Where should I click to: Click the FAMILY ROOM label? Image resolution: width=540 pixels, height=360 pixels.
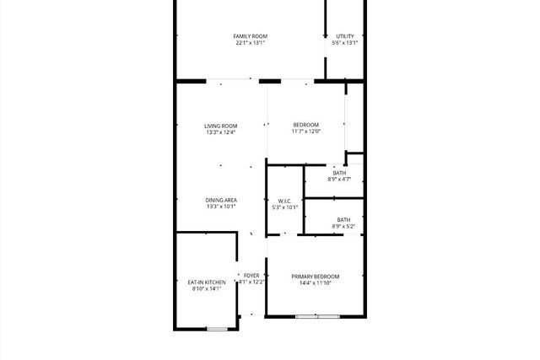click(250, 35)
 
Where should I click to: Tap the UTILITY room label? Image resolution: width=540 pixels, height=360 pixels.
click(345, 35)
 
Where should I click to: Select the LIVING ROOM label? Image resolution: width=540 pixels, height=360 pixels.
click(220, 126)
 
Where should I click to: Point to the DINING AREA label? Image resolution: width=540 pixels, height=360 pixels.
click(220, 200)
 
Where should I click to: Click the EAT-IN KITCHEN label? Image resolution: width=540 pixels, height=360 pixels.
click(206, 282)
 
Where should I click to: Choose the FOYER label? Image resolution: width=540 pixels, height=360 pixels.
click(252, 275)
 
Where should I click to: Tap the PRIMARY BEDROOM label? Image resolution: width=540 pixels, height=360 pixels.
click(316, 277)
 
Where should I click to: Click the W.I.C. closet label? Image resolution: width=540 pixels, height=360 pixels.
click(284, 201)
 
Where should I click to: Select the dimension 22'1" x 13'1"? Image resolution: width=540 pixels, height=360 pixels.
click(250, 43)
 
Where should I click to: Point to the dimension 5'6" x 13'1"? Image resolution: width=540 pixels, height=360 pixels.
click(345, 43)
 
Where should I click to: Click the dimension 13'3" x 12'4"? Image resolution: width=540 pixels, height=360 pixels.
click(220, 132)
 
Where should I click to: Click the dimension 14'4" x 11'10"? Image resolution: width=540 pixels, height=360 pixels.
click(316, 283)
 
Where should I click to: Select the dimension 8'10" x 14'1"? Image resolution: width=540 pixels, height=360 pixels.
click(206, 288)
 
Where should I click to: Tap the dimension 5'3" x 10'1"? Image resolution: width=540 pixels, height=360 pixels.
click(285, 207)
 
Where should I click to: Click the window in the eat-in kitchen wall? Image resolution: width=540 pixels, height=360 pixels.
click(217, 329)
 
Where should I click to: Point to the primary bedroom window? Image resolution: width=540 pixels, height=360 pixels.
click(317, 317)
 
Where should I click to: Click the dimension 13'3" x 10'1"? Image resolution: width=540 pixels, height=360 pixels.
click(220, 207)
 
